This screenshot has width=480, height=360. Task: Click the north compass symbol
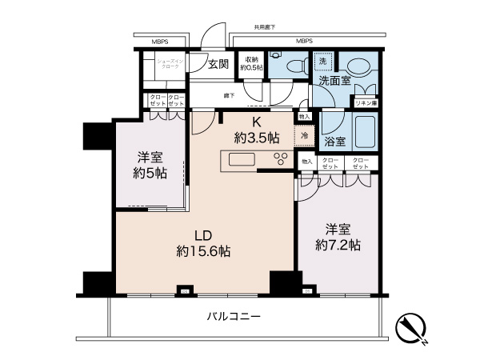coord(411,327)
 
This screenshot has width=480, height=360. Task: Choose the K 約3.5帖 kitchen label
coord(256,130)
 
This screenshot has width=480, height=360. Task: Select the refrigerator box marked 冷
coord(305,137)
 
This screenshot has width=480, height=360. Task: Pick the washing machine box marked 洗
coord(323,62)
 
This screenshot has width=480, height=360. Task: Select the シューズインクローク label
coord(170,64)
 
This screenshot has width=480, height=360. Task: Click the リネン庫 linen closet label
coord(366,104)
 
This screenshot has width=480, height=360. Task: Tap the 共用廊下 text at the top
coord(264,27)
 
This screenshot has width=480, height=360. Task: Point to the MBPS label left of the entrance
coord(165,41)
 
